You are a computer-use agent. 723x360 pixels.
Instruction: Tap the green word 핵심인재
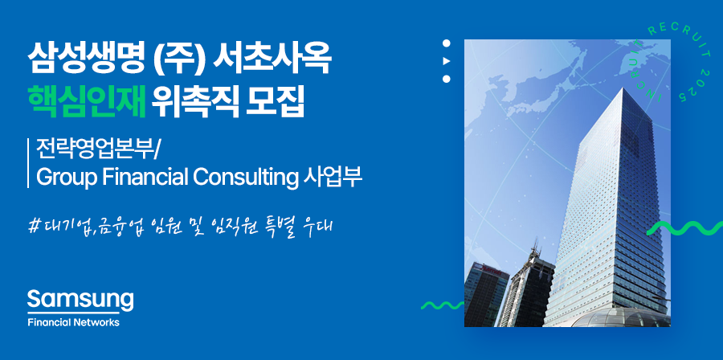[87, 103]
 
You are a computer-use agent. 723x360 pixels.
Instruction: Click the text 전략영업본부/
[98, 149]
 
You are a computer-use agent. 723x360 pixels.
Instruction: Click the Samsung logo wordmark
[80, 301]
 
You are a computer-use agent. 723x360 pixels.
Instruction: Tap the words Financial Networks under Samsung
[73, 322]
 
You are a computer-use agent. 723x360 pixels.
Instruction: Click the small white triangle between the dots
[447, 61]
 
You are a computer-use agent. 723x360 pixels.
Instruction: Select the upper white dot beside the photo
[447, 43]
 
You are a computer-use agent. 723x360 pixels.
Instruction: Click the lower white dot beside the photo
[447, 79]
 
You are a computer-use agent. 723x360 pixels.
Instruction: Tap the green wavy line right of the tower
[684, 228]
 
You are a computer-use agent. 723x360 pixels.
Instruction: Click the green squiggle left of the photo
[443, 305]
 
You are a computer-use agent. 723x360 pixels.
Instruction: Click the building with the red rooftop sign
[487, 294]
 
